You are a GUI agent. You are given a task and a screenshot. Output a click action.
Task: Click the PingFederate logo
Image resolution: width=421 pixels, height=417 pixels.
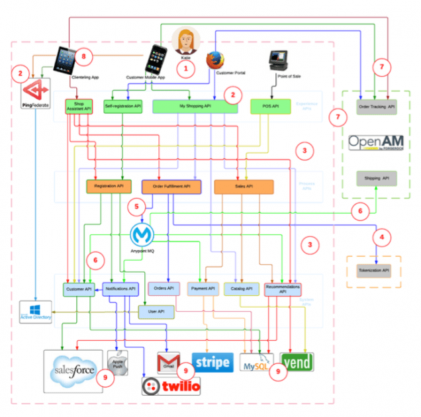(32, 89)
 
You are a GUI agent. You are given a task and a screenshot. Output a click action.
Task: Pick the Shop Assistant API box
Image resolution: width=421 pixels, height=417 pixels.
(77, 107)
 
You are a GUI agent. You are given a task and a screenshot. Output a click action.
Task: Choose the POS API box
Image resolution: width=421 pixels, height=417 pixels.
(270, 106)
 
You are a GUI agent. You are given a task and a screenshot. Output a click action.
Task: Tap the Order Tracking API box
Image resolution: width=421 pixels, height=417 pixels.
(377, 107)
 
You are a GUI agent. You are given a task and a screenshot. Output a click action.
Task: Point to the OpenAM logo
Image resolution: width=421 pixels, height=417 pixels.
(376, 144)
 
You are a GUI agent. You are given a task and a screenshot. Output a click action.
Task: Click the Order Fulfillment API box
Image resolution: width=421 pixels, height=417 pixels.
(171, 187)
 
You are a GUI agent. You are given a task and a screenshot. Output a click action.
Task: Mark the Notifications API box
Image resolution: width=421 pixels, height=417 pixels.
(120, 289)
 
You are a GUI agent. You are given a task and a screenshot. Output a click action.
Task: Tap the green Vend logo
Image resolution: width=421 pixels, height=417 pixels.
(297, 362)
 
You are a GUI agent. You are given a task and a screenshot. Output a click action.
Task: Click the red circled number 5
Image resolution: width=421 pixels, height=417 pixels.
(136, 206)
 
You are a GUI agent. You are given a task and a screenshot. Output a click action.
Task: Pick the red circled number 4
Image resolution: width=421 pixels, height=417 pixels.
(380, 236)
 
